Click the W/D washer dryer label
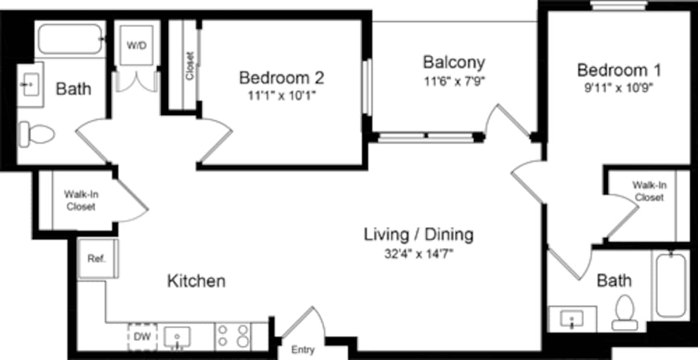click(x=137, y=45)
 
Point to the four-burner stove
click(x=233, y=337)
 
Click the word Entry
click(x=302, y=350)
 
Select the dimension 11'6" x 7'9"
click(x=454, y=81)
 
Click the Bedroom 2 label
click(x=282, y=77)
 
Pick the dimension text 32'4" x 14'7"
click(x=418, y=253)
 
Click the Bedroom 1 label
click(x=619, y=70)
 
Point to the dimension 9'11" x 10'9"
click(x=619, y=89)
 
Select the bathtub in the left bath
click(x=69, y=39)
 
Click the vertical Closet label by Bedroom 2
click(x=189, y=66)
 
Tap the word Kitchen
click(x=196, y=281)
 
